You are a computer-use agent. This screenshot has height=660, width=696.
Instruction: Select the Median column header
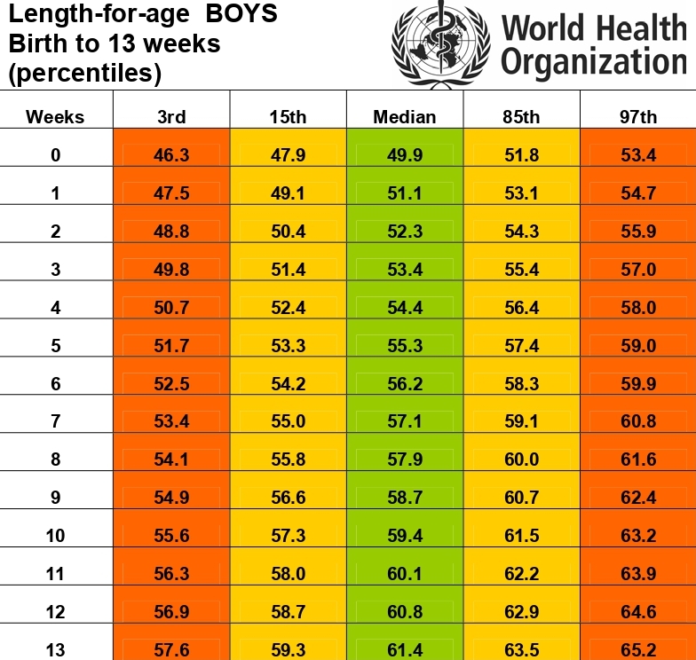(x=405, y=117)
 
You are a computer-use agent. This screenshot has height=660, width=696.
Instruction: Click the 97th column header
(x=638, y=117)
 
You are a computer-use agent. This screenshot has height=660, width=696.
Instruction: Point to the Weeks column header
(x=55, y=117)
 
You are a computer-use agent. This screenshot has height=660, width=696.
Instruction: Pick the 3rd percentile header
(x=171, y=117)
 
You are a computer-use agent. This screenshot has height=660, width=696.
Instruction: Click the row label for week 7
(x=55, y=421)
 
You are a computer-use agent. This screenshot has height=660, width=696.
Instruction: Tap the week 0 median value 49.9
(x=405, y=155)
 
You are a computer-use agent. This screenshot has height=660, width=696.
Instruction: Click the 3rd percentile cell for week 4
(x=171, y=308)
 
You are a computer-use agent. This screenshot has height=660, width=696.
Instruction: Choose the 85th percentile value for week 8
(x=521, y=460)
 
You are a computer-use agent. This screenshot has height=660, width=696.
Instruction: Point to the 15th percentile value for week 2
(x=288, y=232)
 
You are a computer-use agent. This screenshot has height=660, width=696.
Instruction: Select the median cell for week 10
(x=405, y=536)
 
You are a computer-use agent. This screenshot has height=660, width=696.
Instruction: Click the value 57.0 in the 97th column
(x=638, y=270)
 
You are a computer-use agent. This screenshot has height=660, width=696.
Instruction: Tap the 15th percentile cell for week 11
(x=288, y=574)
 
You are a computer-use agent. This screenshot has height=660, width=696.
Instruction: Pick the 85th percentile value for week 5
(x=521, y=346)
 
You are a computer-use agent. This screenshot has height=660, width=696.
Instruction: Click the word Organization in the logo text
(x=594, y=63)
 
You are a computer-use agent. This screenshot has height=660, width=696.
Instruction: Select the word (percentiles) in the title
(x=84, y=74)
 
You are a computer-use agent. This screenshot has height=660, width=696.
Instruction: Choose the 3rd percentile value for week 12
(x=171, y=612)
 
